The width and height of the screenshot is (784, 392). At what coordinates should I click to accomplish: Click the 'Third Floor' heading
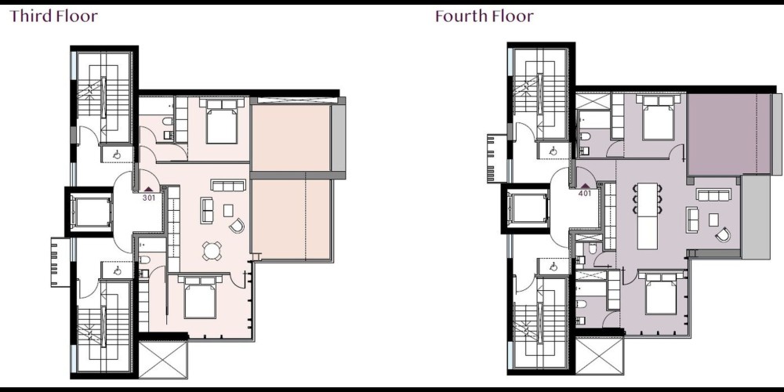coord(53,16)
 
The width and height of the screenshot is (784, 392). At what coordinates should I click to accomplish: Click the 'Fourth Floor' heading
coord(484,16)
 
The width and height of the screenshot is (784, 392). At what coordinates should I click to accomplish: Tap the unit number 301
coord(148,198)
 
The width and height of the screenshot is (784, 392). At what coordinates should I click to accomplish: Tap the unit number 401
coord(585,194)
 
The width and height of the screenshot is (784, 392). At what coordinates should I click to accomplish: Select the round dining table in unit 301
coord(212,251)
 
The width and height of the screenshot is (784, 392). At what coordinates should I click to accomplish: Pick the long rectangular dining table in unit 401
coord(647,216)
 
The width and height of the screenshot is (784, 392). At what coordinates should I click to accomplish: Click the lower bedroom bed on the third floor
coord(199,297)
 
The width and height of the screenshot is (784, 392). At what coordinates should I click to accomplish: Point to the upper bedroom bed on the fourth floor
coord(659,118)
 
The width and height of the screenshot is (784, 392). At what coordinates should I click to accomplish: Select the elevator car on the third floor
coord(90,212)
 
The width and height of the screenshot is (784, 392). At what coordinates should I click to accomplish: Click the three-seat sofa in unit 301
coord(227,185)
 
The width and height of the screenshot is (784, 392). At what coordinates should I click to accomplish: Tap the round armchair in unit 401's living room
coord(723,234)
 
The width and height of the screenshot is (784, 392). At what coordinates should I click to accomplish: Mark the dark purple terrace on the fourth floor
coord(729,134)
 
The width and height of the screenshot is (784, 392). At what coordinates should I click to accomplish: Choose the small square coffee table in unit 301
coord(228,210)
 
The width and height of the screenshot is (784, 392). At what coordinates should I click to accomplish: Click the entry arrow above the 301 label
coord(148,190)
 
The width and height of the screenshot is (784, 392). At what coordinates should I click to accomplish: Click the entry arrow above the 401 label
coord(585,186)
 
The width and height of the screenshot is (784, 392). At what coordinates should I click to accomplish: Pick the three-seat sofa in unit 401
coord(714,195)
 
